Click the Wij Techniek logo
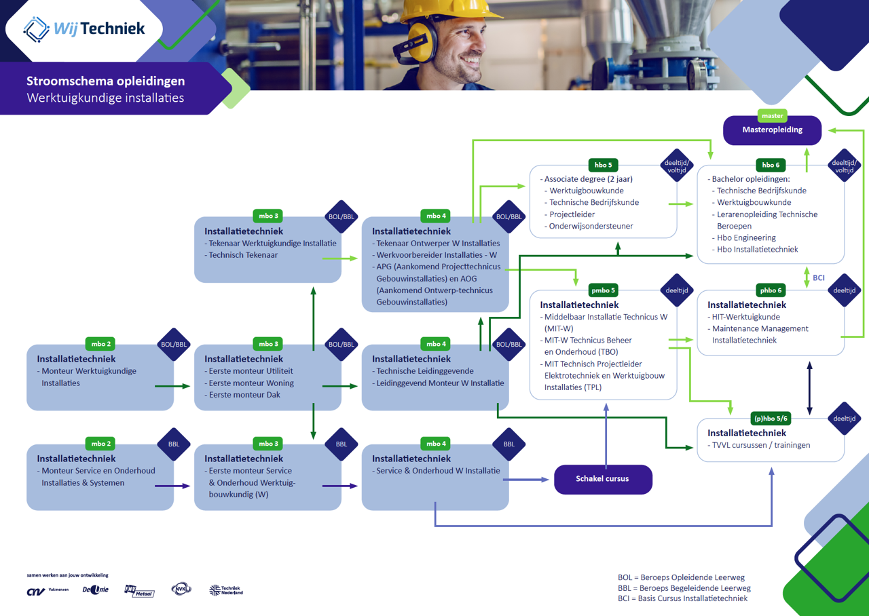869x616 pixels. [x=84, y=28]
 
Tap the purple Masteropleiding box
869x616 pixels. [x=772, y=130]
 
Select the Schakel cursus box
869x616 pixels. [x=603, y=479]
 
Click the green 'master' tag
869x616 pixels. [x=772, y=116]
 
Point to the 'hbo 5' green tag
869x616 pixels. [x=603, y=165]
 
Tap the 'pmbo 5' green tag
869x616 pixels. [x=603, y=290]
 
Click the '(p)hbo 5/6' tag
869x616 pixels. [x=771, y=419]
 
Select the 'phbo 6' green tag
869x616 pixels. [x=771, y=290]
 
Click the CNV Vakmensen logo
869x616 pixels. [x=48, y=591]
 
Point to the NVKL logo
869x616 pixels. [x=181, y=590]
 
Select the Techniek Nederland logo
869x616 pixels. [x=225, y=590]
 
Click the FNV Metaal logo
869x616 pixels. [x=139, y=591]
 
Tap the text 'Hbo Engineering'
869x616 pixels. [x=746, y=238]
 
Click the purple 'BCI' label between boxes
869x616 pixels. [x=819, y=277]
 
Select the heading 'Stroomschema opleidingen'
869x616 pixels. [x=105, y=81]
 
